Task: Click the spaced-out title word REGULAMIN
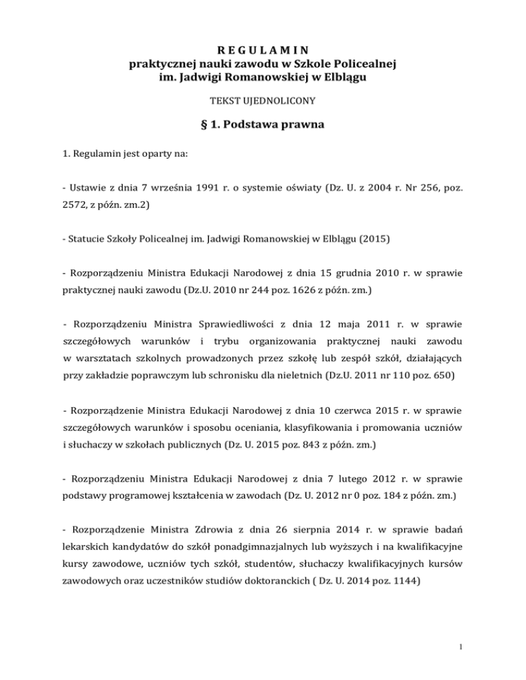tap(263, 50)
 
